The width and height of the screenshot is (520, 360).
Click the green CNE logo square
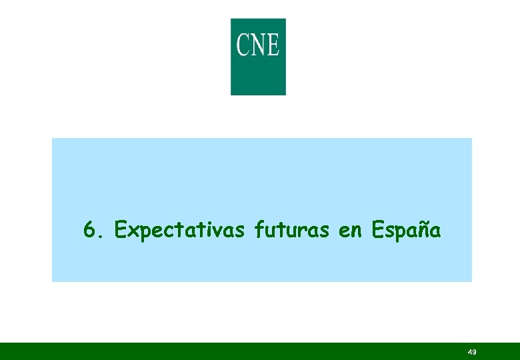258,57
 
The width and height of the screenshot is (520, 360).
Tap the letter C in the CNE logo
242,45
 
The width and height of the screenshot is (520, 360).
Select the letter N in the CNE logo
257,45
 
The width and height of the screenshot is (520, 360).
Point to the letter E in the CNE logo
272,45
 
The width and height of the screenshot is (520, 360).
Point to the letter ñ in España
420,231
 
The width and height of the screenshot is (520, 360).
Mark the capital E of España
377,231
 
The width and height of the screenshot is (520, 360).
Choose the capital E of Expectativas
121,231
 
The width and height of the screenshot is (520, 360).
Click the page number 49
472,352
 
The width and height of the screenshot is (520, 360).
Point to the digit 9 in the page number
474,352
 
